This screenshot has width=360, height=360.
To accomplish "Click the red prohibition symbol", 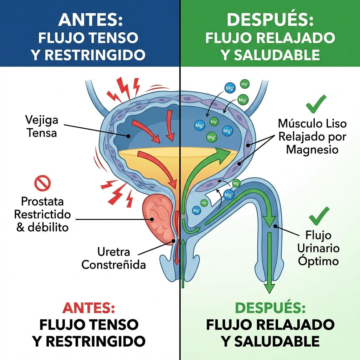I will (42, 183).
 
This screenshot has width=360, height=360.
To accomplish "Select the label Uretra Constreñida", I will (113, 258).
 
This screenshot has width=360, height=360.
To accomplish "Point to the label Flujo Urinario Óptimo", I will (318, 248).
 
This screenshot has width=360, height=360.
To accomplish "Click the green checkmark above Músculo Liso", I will (316, 102).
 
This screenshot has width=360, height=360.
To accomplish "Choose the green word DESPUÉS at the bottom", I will (270, 308).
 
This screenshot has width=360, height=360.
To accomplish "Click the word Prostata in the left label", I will (42, 202).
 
